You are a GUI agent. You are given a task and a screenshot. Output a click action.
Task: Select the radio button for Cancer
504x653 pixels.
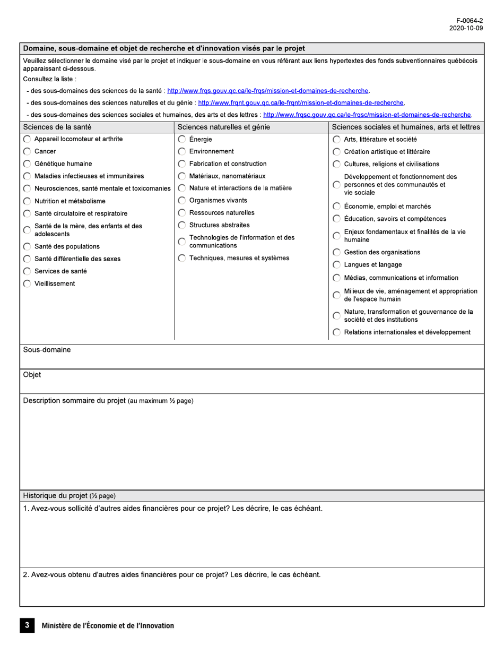pos(27,152)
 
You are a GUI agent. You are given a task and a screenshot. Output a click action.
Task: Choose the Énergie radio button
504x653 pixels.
pos(182,140)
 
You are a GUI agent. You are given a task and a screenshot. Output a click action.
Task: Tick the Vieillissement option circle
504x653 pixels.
pos(27,284)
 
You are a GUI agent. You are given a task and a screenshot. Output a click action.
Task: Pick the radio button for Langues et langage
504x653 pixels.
pos(337,265)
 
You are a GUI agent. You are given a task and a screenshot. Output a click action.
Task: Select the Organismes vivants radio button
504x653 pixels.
pos(182,201)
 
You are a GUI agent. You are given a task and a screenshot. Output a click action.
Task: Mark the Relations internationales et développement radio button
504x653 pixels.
pos(337,333)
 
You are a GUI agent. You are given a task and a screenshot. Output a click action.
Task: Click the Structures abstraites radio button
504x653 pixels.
pos(182,225)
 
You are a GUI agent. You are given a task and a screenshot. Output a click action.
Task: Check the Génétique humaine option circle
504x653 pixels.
pos(27,164)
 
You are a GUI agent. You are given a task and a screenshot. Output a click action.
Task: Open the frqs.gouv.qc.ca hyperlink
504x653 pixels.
pos(268,91)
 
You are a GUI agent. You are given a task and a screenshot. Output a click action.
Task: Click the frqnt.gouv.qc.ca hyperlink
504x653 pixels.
pos(301,103)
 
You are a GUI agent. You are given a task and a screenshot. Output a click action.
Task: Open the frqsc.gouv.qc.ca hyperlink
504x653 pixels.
pos(367,115)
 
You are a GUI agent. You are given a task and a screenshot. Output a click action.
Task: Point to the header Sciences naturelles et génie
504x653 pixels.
pos(224,127)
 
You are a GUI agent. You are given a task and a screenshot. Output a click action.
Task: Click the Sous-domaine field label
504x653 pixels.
pos(47,350)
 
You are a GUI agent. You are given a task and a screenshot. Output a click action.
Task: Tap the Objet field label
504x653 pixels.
pos(32,375)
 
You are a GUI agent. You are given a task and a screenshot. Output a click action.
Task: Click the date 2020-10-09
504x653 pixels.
pos(466,28)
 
